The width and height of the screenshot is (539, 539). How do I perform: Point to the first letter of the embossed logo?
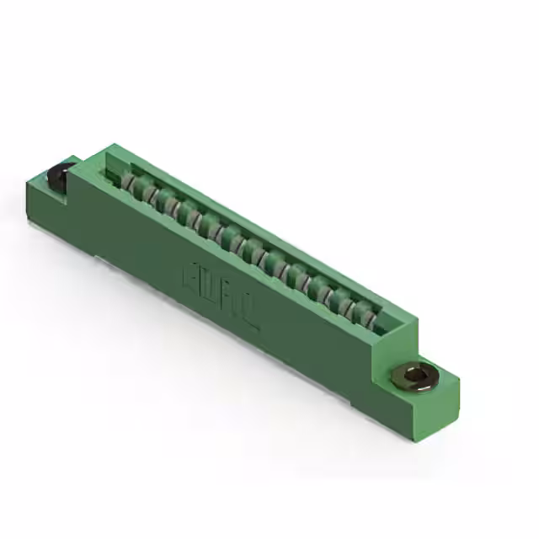click(189, 278)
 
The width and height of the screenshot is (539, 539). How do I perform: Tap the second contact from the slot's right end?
click(351, 307)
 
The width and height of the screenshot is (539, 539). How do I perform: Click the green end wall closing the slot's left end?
click(108, 168)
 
